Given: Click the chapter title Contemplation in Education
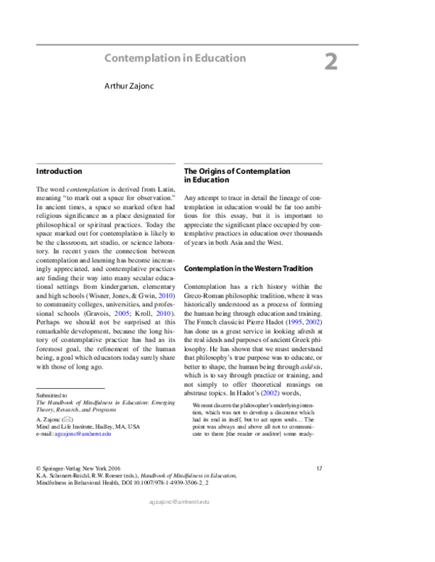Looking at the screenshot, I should pyautogui.click(x=175, y=57).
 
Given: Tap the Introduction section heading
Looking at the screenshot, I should pyautogui.click(x=59, y=172).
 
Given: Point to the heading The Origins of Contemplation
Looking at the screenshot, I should pyautogui.click(x=237, y=172).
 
